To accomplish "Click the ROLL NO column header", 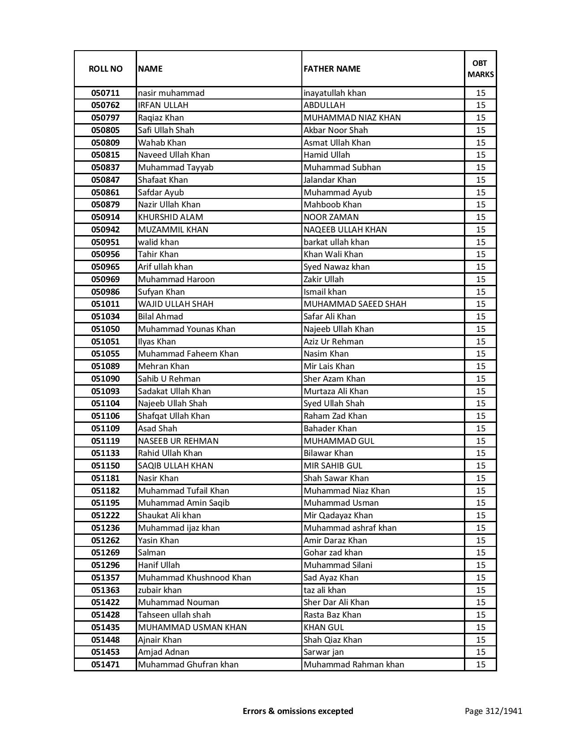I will (105, 69).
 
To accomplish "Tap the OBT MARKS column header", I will (480, 69).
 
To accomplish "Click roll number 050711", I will (105, 93).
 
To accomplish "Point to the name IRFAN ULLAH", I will (163, 105).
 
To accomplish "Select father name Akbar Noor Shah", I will (335, 130).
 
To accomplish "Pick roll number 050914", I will (105, 217).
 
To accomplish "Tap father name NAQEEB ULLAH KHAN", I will (345, 230).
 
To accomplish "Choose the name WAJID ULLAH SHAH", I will (176, 304).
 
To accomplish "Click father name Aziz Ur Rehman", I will (333, 342).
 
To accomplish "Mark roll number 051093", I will (105, 391).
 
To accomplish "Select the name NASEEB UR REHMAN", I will (178, 441).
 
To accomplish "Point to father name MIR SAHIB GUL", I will (333, 466).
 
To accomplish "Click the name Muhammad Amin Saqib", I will (184, 503).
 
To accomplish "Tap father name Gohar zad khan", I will (333, 553).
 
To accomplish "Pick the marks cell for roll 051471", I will (480, 665).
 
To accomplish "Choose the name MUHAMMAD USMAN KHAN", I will (192, 627).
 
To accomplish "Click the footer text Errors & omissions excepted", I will (298, 711).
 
